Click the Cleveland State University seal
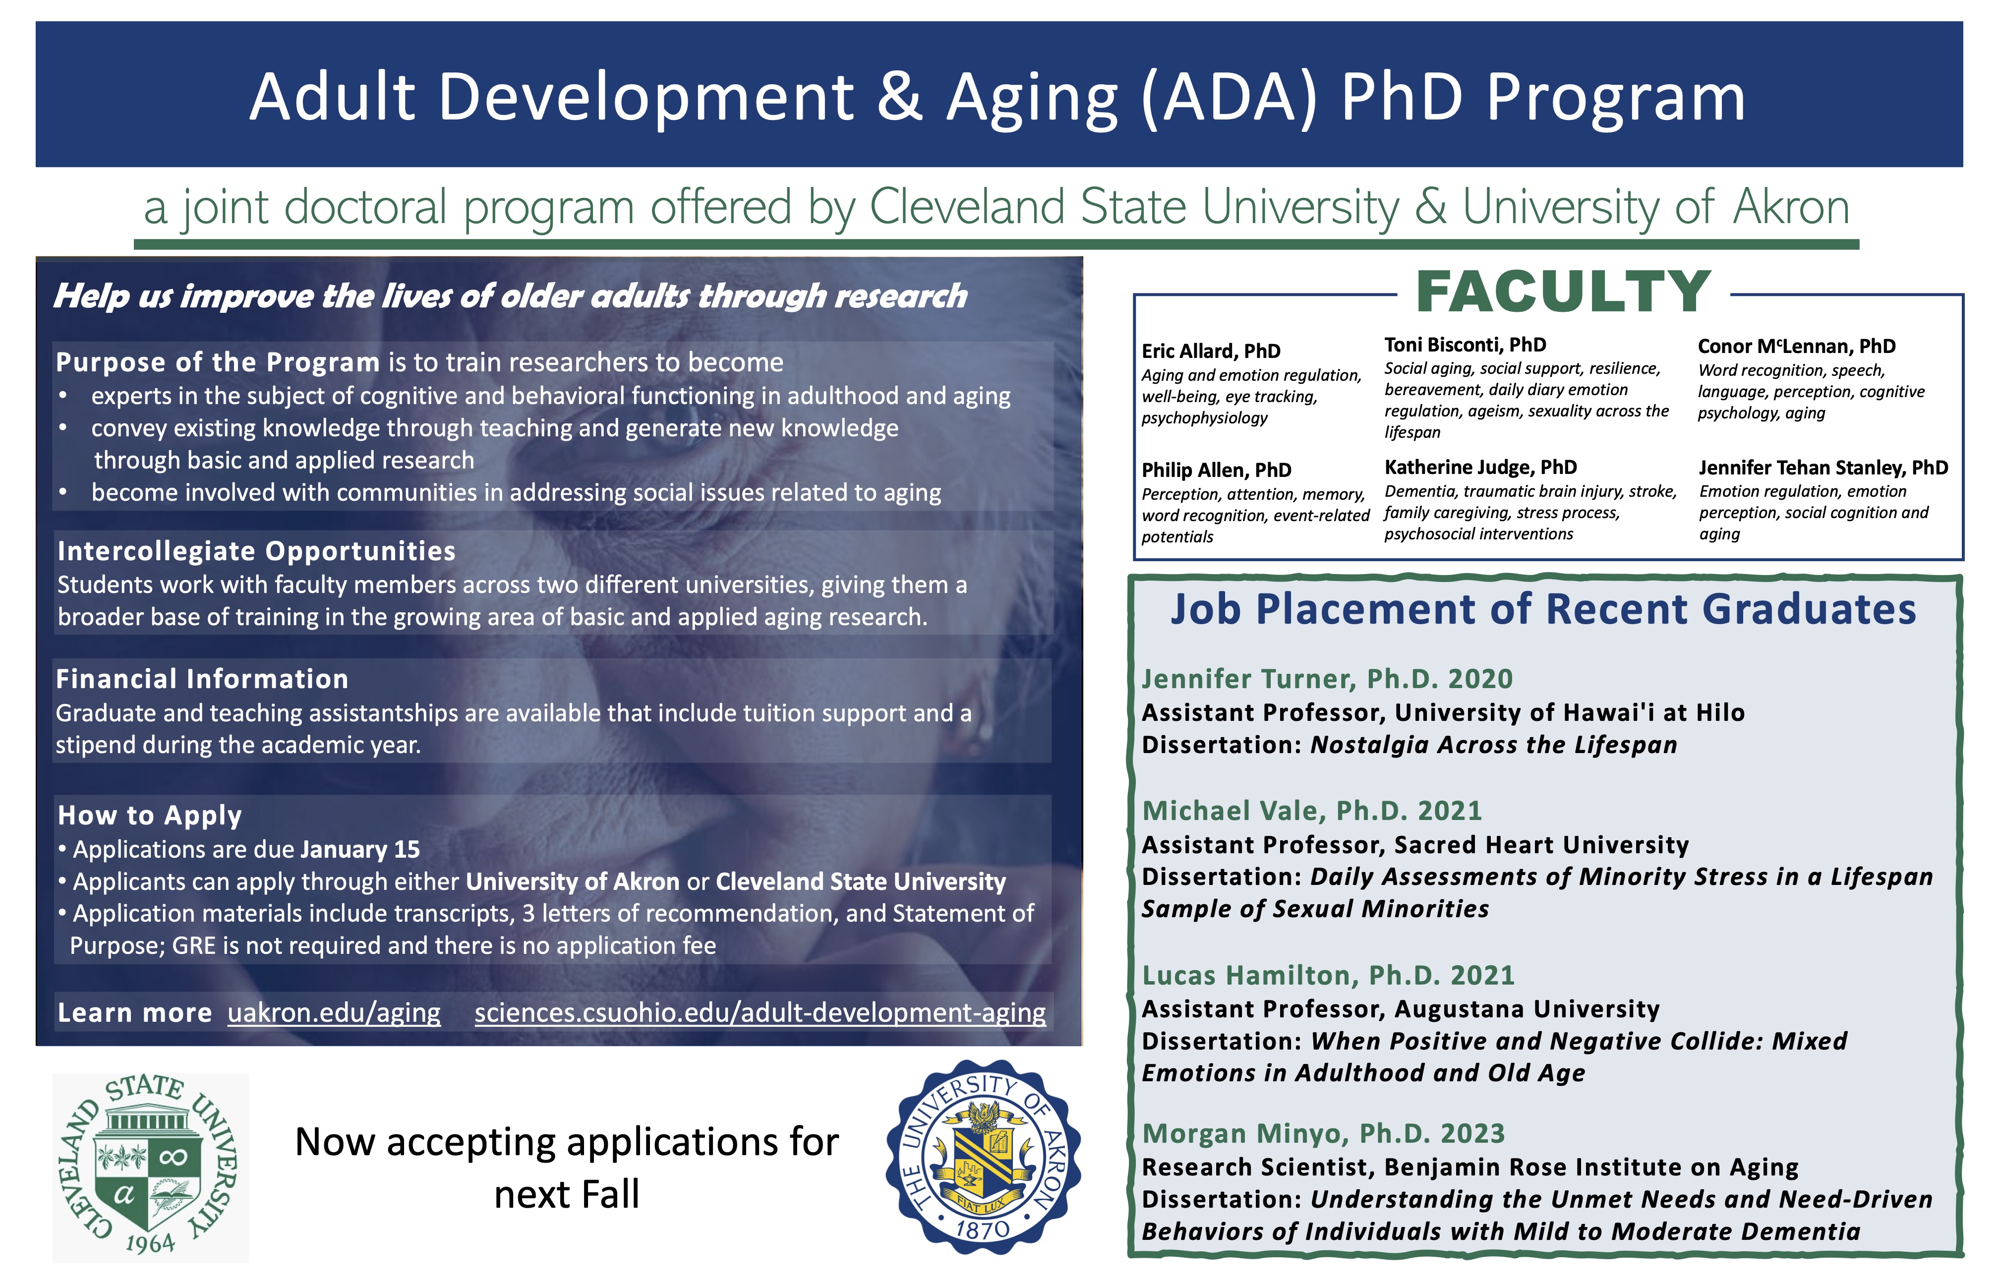coord(150,1167)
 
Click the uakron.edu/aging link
coord(334,1012)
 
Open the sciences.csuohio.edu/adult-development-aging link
coord(759,1012)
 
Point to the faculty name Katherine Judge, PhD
coord(1480,467)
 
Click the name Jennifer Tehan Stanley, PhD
coord(1823,468)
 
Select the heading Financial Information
coord(202,679)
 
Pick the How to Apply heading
coord(150,815)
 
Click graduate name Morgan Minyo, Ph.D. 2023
coord(1323,1133)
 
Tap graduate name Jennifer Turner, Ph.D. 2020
coord(1327,679)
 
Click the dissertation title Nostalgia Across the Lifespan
coord(1493,745)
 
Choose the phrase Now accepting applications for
coord(567,1142)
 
